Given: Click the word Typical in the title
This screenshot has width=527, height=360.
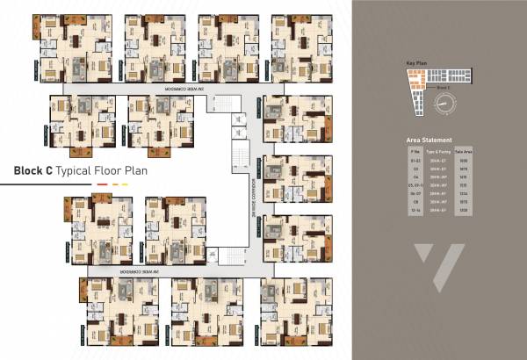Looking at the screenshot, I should point(76,172).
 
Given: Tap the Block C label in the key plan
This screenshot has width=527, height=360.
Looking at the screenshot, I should point(444,90).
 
